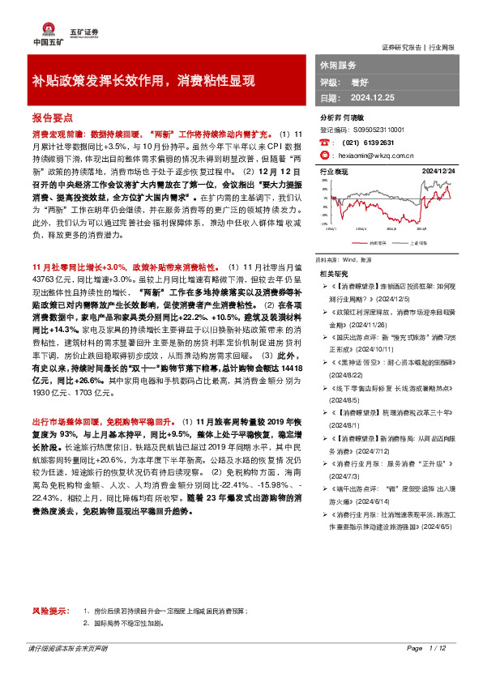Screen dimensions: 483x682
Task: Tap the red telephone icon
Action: click(x=325, y=142)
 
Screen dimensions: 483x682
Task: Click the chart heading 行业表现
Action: click(x=333, y=172)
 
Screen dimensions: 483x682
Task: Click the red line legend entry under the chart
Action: click(x=353, y=241)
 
